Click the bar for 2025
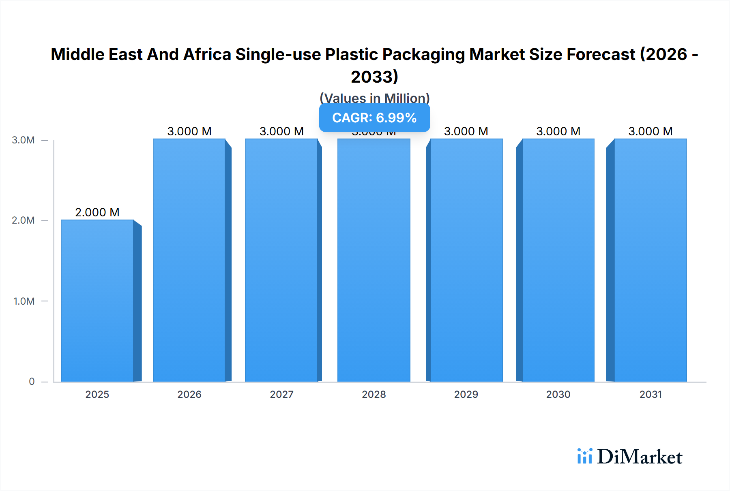[97, 301]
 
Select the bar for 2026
[189, 260]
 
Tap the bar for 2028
[374, 260]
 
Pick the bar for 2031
[651, 260]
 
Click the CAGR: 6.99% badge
[374, 117]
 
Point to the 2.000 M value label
[97, 212]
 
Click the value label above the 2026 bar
[189, 131]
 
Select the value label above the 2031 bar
[651, 131]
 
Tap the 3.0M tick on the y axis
[23, 140]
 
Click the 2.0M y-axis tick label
[23, 220]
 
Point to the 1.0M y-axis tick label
[24, 301]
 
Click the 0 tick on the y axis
[32, 381]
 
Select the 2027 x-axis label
[281, 394]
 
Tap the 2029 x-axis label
[466, 394]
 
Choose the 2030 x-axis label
[558, 394]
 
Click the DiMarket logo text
[640, 457]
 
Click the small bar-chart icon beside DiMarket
[584, 456]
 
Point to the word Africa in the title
[207, 54]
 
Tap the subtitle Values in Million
[374, 98]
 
